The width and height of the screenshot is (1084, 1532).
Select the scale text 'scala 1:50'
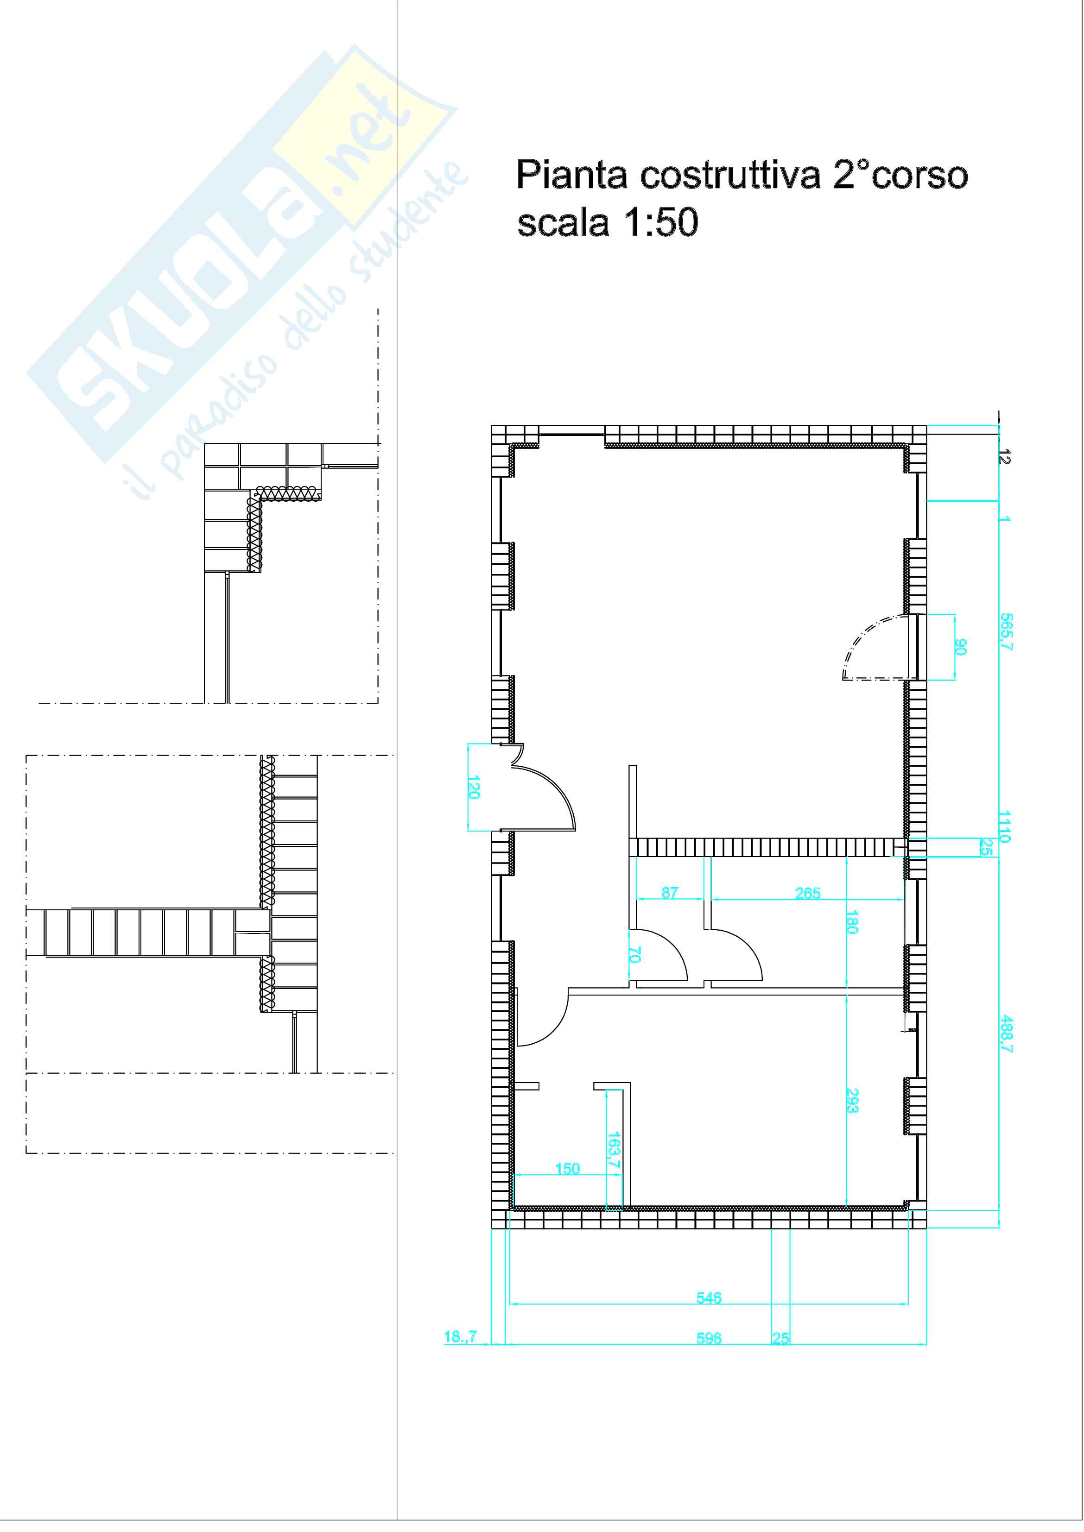coord(608,222)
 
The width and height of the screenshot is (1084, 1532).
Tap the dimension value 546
coord(709,1297)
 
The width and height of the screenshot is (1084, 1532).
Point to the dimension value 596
coord(709,1338)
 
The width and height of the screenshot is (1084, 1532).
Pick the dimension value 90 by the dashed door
coord(961,647)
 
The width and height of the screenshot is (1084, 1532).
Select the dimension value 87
coord(670,892)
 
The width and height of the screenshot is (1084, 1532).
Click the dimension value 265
coord(808,893)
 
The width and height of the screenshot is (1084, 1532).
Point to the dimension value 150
coord(567,1168)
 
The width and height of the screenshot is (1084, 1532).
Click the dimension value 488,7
coord(1007,1034)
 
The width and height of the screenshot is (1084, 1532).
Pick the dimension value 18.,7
coord(461,1337)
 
